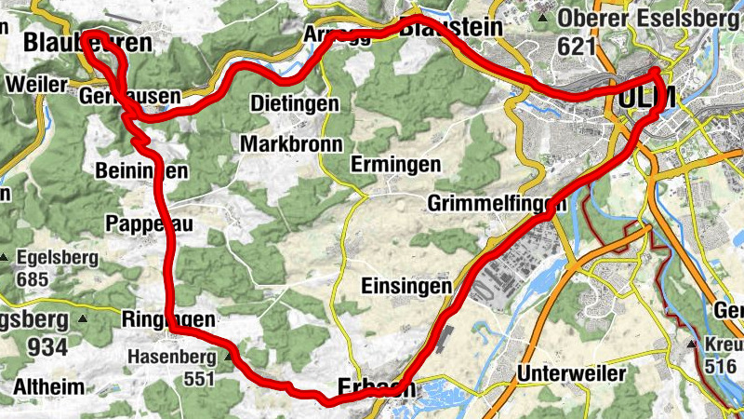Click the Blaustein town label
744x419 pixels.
451,28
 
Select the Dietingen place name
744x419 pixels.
296,103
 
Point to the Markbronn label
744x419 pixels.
291,144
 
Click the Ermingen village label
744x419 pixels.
395,165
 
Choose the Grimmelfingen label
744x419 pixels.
498,203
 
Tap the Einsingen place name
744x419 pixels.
406,286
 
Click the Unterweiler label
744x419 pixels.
557,374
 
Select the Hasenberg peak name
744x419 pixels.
170,356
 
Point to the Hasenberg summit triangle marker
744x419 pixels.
228,355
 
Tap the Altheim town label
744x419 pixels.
48,386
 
